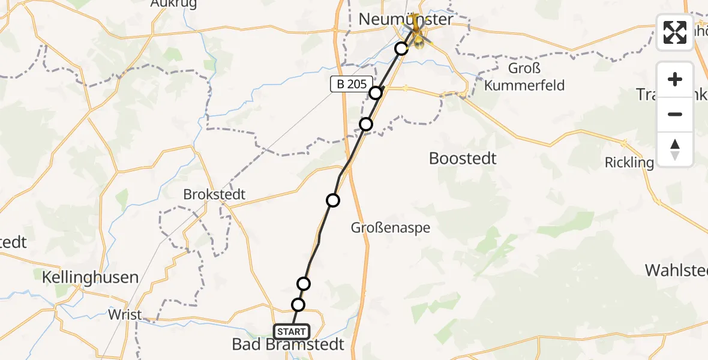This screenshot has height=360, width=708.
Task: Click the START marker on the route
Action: pos(292,332)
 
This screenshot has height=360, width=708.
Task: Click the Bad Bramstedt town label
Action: pos(289,344)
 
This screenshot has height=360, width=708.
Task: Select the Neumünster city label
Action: pos(406,19)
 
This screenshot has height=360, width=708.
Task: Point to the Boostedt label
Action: pos(463,158)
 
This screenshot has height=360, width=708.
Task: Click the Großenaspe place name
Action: pos(391,228)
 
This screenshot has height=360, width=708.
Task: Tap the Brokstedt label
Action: pos(215,196)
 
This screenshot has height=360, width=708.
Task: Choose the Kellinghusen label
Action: pos(90,277)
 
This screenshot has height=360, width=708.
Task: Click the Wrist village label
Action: pos(125,314)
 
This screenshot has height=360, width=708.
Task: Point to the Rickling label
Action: pos(629,162)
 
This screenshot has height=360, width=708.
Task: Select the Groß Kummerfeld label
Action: pos(524,77)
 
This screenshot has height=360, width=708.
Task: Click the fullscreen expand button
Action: pos(675,32)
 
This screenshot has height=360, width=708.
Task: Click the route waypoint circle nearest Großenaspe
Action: pos(332,200)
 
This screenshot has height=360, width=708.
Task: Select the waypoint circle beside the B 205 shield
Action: pos(376,93)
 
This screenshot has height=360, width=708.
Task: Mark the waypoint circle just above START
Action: pos(298,305)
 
